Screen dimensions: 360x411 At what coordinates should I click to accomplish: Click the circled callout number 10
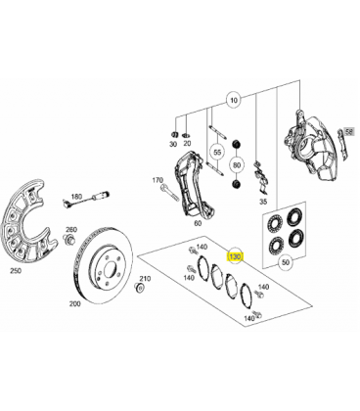pyautogui.click(x=234, y=100)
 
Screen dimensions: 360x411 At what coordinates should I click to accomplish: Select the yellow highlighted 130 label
pyautogui.click(x=235, y=257)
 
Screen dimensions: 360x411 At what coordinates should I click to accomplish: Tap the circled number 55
pyautogui.click(x=217, y=152)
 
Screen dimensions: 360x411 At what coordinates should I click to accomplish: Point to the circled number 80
pyautogui.click(x=237, y=165)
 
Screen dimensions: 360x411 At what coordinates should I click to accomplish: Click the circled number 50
pyautogui.click(x=286, y=262)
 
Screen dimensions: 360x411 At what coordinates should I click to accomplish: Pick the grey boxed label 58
pyautogui.click(x=348, y=131)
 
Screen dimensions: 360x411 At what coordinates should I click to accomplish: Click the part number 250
pyautogui.click(x=16, y=270)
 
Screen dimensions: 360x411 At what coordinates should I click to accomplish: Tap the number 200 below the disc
pyautogui.click(x=75, y=304)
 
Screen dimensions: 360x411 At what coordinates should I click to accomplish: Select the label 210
pyautogui.click(x=145, y=279)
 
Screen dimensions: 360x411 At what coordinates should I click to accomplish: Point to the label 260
pyautogui.click(x=71, y=230)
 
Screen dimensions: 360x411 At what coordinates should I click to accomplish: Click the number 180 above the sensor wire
pyautogui.click(x=76, y=197)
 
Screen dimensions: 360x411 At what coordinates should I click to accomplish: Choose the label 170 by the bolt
pyautogui.click(x=157, y=180)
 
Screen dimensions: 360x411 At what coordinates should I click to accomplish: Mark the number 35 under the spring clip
pyautogui.click(x=263, y=202)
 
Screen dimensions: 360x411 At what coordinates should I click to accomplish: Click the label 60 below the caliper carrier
pyautogui.click(x=198, y=223)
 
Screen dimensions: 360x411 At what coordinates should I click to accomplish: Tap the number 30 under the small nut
pyautogui.click(x=173, y=144)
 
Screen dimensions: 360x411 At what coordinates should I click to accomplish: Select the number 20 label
pyautogui.click(x=187, y=143)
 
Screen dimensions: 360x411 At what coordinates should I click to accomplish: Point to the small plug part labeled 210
pyautogui.click(x=139, y=288)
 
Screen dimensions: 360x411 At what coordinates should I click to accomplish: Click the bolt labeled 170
pyautogui.click(x=169, y=193)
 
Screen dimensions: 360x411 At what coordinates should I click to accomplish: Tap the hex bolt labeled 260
pyautogui.click(x=69, y=239)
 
